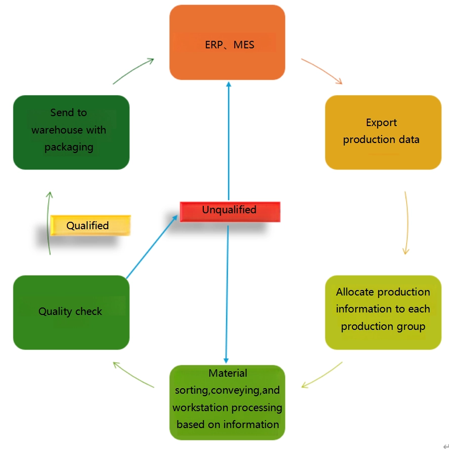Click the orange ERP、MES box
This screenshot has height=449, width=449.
click(x=227, y=42)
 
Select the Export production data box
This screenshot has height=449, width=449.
click(x=383, y=132)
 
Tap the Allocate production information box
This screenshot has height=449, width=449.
click(x=383, y=312)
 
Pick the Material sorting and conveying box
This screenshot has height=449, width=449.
click(x=227, y=402)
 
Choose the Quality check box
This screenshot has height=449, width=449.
click(x=71, y=312)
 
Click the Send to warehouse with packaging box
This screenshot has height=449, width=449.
click(x=71, y=132)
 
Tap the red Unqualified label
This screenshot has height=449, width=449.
click(x=230, y=211)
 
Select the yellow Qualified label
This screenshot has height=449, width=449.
click(x=90, y=225)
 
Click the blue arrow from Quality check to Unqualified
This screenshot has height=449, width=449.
click(x=152, y=247)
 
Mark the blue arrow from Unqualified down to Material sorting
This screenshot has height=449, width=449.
click(x=227, y=294)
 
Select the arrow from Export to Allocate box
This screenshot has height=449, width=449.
click(x=407, y=222)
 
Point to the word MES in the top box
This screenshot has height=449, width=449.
click(x=244, y=45)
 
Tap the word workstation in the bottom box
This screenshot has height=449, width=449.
click(x=197, y=408)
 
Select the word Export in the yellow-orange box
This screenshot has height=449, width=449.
click(x=381, y=123)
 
